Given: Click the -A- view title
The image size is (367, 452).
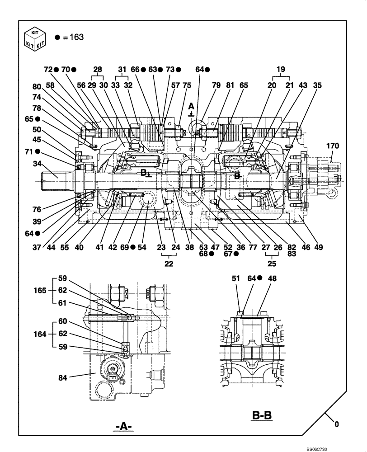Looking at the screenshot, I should pyautogui.click(x=123, y=426).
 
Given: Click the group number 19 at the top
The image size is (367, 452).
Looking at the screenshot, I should pyautogui.click(x=280, y=69).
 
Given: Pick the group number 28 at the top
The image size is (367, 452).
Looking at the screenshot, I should pyautogui.click(x=98, y=69).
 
